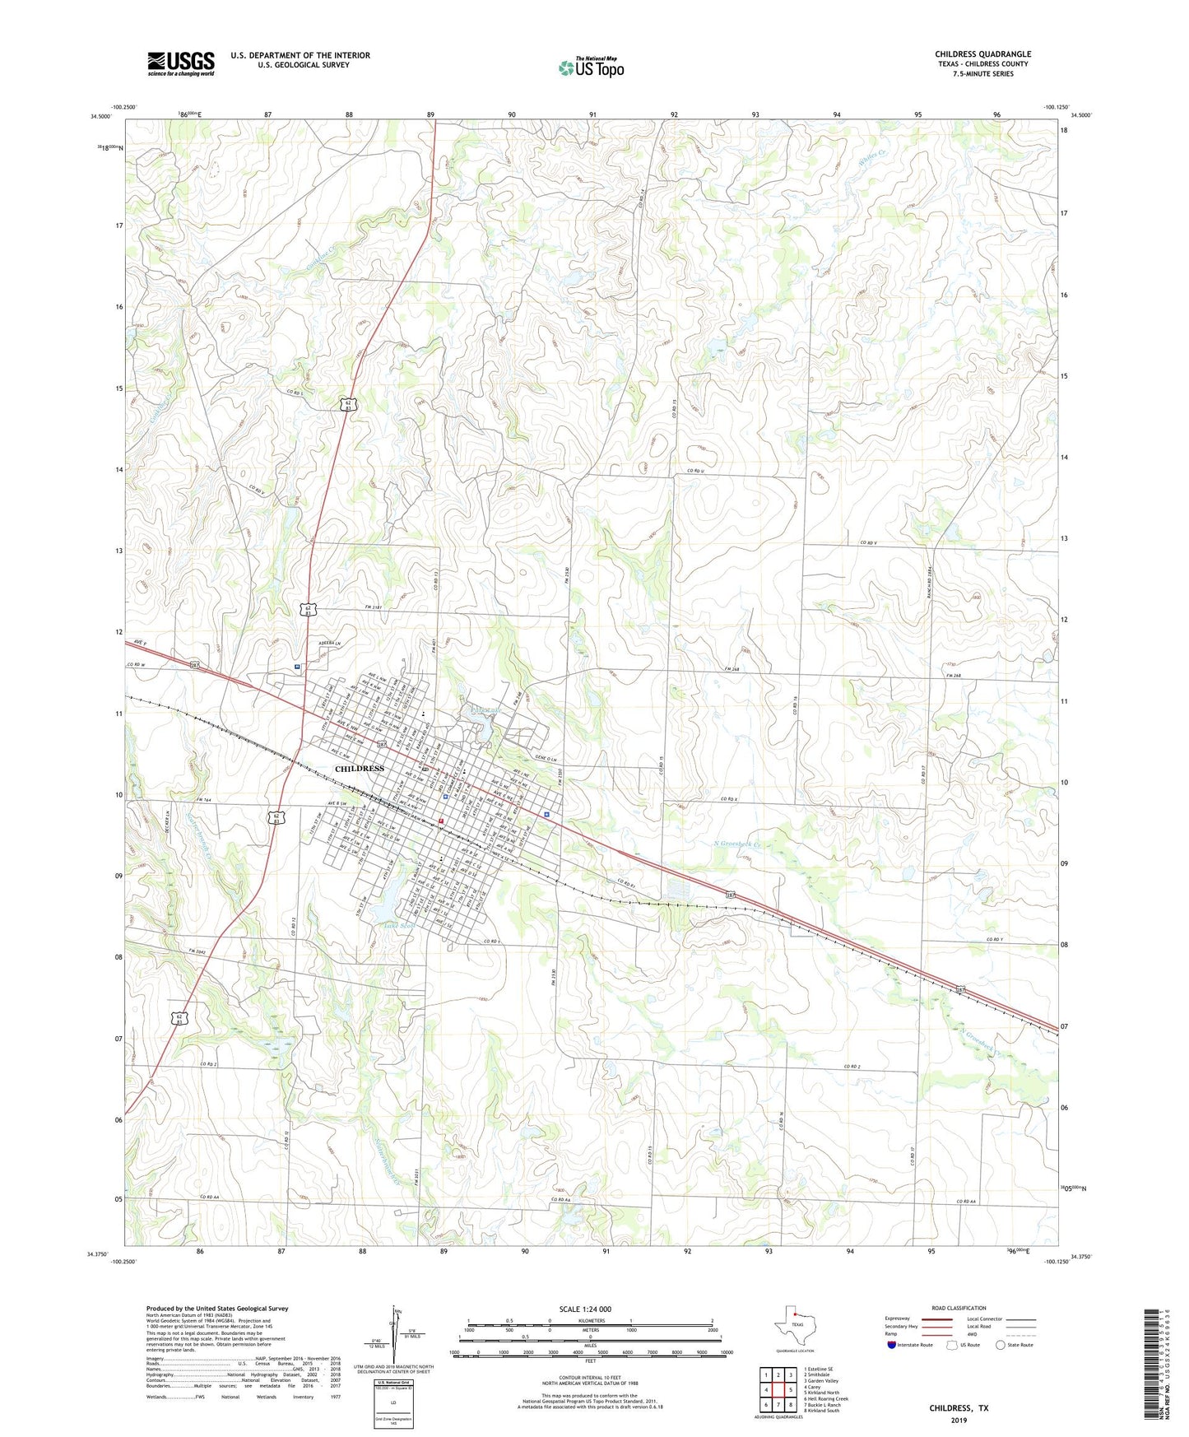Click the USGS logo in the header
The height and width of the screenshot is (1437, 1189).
(x=181, y=63)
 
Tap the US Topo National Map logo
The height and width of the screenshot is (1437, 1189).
(x=591, y=67)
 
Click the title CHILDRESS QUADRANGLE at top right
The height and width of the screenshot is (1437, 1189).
(x=982, y=54)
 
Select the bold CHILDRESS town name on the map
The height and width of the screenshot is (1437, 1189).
(x=360, y=768)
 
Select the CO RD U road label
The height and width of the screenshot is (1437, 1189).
(x=698, y=471)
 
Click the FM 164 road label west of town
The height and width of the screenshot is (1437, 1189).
(x=204, y=799)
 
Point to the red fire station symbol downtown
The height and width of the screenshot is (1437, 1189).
(x=441, y=821)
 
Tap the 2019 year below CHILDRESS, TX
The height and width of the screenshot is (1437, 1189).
(x=959, y=1420)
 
